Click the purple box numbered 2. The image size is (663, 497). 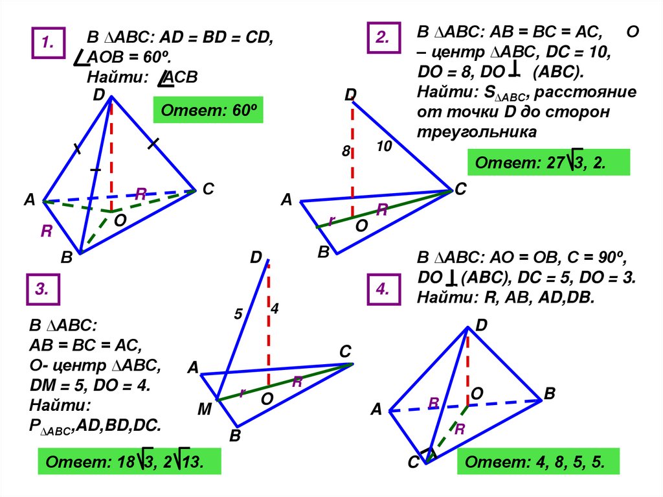tap(382, 39)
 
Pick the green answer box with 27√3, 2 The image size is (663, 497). tap(548, 163)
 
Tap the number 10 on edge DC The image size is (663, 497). tap(384, 147)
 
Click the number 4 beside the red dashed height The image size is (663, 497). tap(275, 310)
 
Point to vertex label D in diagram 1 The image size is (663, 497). tap(98, 95)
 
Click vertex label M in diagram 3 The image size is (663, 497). tap(205, 410)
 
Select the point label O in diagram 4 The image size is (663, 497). tap(477, 393)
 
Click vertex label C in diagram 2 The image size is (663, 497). tap(460, 189)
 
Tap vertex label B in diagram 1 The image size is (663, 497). tap(66, 258)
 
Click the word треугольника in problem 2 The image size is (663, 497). tap(477, 132)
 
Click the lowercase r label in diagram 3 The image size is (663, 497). tap(241, 392)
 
